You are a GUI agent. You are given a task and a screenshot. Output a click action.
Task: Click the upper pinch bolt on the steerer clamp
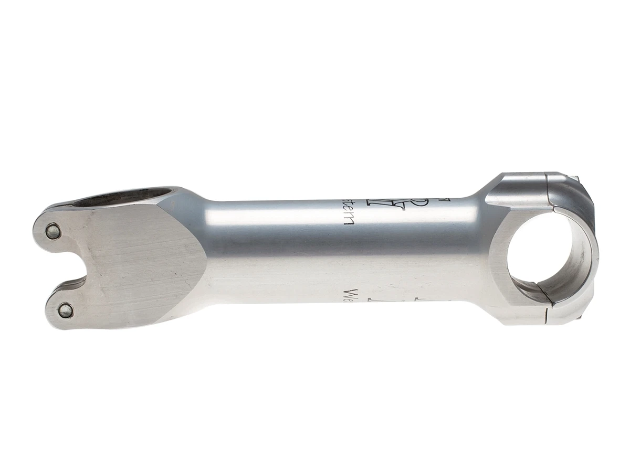(x=54, y=229)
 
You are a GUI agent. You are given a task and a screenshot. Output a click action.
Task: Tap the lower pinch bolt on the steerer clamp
(x=65, y=310)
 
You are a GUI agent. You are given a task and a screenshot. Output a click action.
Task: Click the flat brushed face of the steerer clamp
(x=142, y=262)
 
